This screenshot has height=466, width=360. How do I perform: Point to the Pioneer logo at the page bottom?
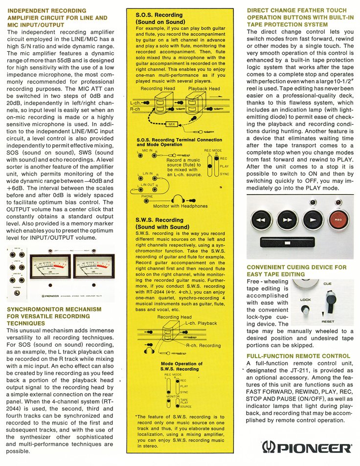pyautogui.click(x=307, y=447)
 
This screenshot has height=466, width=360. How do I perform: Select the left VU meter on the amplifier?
pyautogui.click(x=50, y=268)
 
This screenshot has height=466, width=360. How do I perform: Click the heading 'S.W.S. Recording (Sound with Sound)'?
pyautogui.click(x=162, y=223)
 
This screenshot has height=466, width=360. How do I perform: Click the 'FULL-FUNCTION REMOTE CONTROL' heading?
pyautogui.click(x=298, y=355)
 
